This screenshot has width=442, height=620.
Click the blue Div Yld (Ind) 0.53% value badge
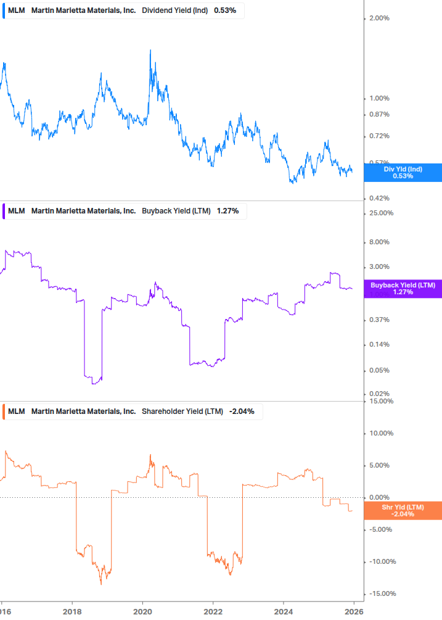[403, 172]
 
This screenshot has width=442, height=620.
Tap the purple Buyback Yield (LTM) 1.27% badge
[403, 288]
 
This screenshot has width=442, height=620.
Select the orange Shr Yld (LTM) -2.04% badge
[403, 510]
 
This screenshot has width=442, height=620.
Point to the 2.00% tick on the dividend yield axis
[379, 18]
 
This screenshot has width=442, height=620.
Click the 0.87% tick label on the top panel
[379, 114]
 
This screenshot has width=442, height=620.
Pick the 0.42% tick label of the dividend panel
[379, 198]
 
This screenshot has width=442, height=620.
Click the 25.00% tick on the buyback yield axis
[380, 213]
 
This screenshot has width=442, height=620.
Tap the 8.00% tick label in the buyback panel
[379, 242]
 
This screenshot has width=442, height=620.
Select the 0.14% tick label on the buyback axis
[379, 344]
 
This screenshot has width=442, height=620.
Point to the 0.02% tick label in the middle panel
[379, 394]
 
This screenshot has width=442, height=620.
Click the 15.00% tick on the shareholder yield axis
[380, 401]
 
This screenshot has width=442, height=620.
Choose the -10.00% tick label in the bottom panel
[380, 561]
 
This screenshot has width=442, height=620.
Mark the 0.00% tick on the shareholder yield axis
[379, 497]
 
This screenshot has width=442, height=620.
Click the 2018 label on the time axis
[73, 611]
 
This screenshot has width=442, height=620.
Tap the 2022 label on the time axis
[213, 611]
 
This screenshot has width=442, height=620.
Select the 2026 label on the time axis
[353, 611]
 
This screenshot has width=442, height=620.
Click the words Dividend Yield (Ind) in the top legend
[175, 10]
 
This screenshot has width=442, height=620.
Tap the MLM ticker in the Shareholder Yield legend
[17, 411]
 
